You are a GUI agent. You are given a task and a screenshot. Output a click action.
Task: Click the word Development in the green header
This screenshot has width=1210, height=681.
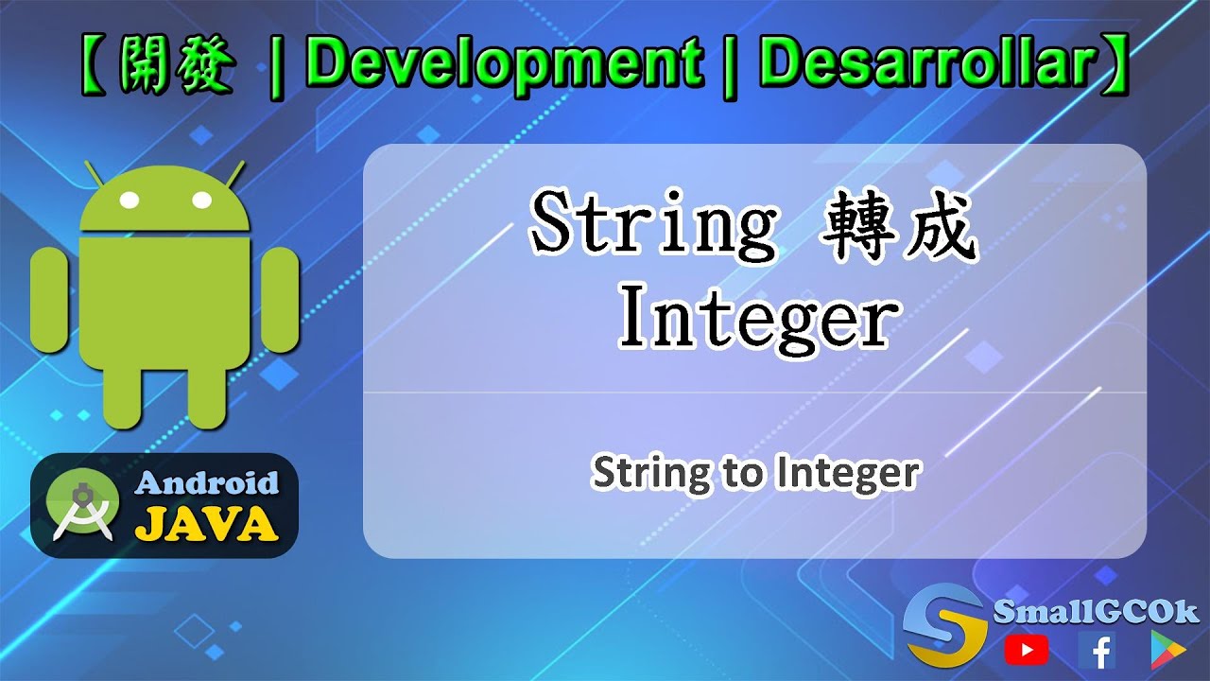tap(503, 65)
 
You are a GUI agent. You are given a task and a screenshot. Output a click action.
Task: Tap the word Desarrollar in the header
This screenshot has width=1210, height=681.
tap(926, 65)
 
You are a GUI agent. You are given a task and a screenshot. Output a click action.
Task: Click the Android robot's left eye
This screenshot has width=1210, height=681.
tap(130, 201)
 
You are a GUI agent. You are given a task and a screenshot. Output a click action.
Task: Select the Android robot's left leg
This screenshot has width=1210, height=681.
tap(125, 397)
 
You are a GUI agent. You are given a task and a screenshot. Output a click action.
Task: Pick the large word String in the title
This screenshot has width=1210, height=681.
tap(652, 224)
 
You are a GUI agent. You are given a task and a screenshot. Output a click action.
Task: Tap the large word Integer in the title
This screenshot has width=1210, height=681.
tap(755, 319)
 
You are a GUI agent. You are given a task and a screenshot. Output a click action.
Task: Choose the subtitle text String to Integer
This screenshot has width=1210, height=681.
tap(754, 472)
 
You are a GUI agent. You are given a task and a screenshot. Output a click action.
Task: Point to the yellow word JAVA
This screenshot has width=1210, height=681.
tap(207, 523)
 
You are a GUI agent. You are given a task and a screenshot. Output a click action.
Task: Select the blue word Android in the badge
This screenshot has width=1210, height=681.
tap(207, 483)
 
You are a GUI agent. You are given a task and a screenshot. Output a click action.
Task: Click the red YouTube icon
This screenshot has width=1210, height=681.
tap(1026, 649)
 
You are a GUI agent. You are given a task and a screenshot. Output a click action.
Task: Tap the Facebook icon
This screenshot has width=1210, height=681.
tap(1097, 649)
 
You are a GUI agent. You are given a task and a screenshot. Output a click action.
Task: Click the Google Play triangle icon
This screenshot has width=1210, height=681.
tap(1167, 649)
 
